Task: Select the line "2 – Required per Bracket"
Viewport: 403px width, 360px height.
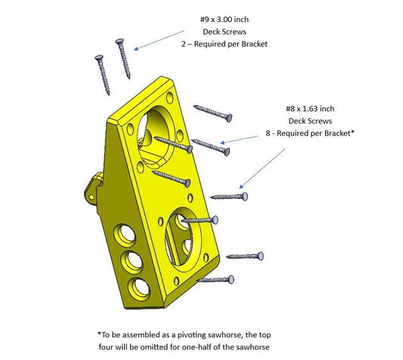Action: (x=225, y=44)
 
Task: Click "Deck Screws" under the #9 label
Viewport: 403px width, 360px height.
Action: (x=225, y=31)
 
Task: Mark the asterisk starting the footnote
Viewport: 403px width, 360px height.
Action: (x=99, y=334)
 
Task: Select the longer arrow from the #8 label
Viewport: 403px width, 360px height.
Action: (x=262, y=168)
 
